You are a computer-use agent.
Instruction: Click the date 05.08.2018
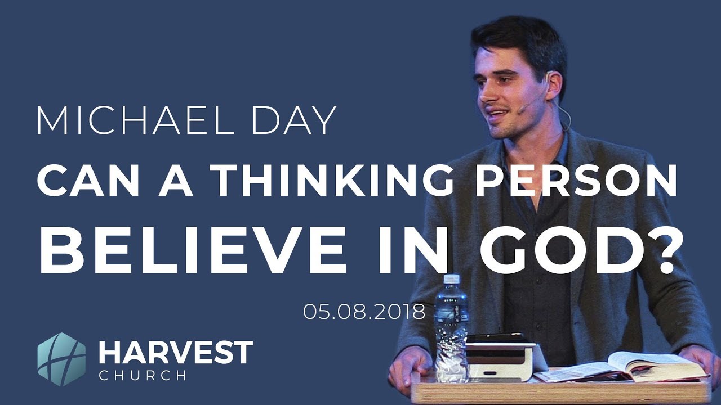364,311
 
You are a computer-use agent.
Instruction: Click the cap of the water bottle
451,280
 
